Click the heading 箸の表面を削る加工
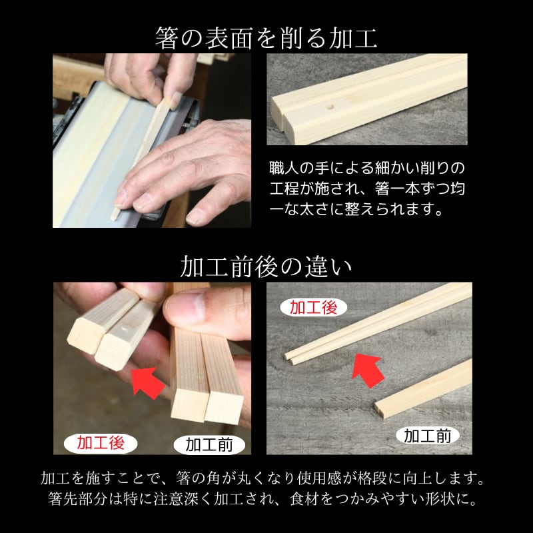click(x=266, y=38)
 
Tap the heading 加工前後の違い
click(x=266, y=267)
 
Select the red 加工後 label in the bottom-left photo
click(x=101, y=443)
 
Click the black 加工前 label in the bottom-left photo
click(x=209, y=444)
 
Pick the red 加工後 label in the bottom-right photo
click(x=313, y=308)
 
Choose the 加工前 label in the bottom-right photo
click(x=428, y=436)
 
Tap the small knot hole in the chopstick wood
click(x=328, y=107)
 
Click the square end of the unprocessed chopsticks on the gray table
click(x=380, y=410)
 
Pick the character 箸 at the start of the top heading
click(x=167, y=38)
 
